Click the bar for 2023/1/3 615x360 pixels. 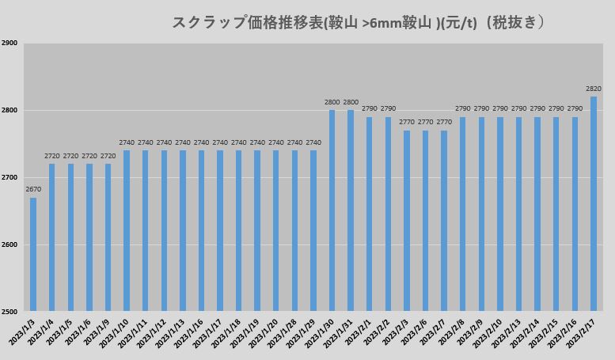[33, 254]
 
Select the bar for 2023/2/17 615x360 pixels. [594, 203]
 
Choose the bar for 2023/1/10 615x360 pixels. [127, 230]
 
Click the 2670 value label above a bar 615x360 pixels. [33, 189]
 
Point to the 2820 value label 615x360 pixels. [594, 89]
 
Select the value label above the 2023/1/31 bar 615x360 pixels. [351, 102]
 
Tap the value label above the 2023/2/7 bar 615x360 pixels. [444, 122]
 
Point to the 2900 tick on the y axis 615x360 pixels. [9, 44]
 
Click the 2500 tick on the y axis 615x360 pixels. [9, 311]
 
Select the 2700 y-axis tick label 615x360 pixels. [9, 177]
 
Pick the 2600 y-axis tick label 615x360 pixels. [9, 244]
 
